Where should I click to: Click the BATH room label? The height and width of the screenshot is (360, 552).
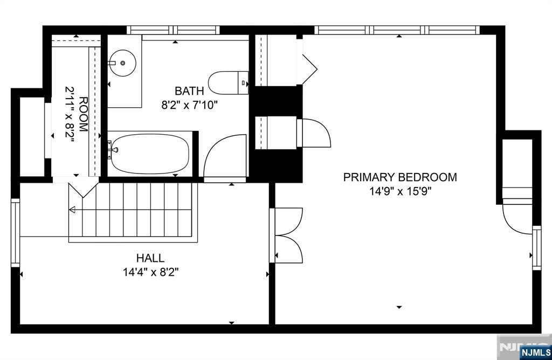click(189, 91)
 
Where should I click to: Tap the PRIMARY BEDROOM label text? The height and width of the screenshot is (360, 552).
click(400, 177)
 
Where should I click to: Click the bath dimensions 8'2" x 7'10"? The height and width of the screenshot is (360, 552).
click(189, 105)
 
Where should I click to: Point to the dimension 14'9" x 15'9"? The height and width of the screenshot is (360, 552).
click(401, 191)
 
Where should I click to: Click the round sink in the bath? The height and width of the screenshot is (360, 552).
click(122, 63)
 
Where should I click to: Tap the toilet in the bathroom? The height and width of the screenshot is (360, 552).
click(228, 83)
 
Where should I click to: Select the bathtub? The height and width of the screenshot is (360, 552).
click(150, 154)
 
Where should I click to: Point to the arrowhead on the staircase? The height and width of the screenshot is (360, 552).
click(72, 210)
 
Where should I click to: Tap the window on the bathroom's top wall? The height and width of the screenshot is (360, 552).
click(173, 30)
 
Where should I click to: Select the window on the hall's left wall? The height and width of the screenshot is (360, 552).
click(16, 233)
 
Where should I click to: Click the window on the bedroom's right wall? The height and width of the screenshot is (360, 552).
click(536, 248)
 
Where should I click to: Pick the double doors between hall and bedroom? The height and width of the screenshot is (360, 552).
click(286, 235)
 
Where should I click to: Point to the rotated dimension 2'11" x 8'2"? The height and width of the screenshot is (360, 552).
click(70, 114)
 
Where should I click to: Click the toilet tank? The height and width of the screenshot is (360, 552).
click(243, 83)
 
